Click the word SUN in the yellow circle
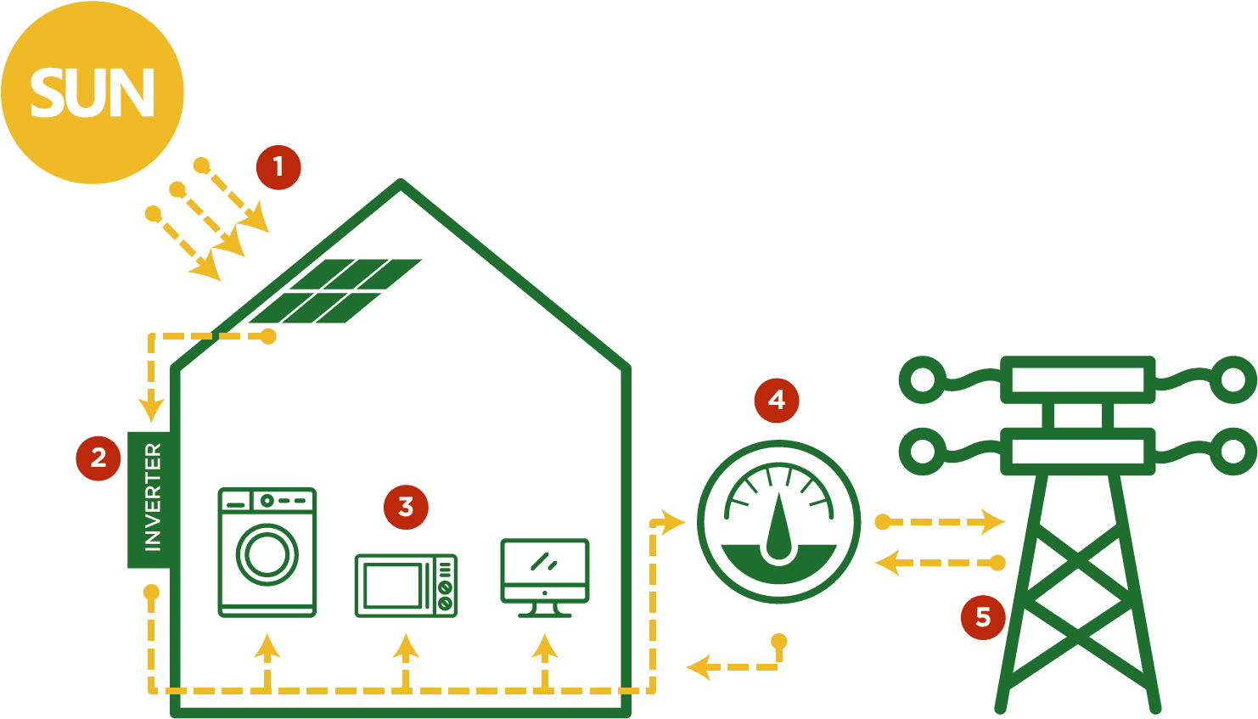[x=92, y=93]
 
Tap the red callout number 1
[x=278, y=166]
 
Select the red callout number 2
[x=98, y=458]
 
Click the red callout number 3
[x=406, y=507]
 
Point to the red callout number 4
[x=777, y=400]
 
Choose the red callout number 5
[x=983, y=616]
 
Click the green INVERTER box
[x=151, y=499]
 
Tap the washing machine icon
[x=267, y=552]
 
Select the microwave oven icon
[x=406, y=585]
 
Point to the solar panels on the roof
[x=335, y=291]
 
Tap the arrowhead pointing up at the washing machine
[x=267, y=647]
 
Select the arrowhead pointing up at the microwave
[x=406, y=647]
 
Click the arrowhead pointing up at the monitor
[x=544, y=647]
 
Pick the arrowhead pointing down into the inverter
[x=151, y=412]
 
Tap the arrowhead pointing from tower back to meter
[x=887, y=562]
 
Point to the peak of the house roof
[x=401, y=183]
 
